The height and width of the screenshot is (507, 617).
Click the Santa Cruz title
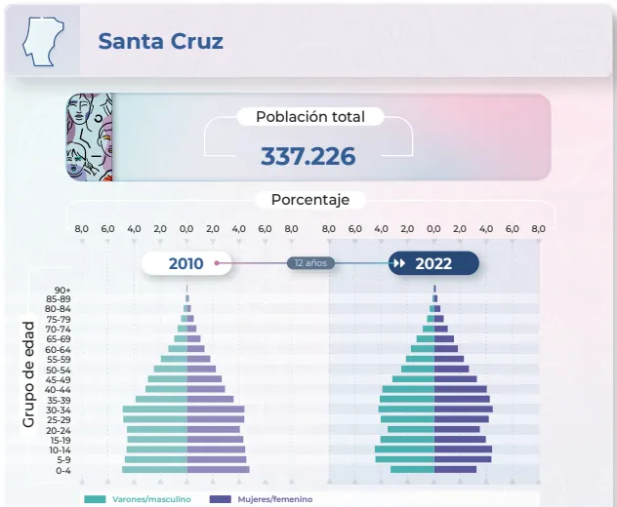(x=160, y=41)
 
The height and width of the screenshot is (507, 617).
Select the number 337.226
(x=308, y=156)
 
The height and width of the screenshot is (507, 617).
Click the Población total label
(x=309, y=117)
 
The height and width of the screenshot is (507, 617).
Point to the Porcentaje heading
(x=309, y=200)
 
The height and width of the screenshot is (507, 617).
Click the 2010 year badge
(x=186, y=263)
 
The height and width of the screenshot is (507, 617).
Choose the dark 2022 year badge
(x=433, y=263)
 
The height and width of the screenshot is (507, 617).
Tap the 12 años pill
(x=311, y=263)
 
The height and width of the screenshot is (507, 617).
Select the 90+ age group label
(x=62, y=291)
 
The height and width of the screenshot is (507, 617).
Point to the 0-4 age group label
(x=62, y=470)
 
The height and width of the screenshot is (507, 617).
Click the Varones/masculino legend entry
(x=138, y=499)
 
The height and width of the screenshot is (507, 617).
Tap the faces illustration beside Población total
(x=89, y=136)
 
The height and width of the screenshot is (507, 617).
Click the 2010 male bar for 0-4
(x=154, y=470)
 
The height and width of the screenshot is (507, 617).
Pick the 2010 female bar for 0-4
(x=218, y=470)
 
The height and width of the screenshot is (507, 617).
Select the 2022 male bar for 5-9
(x=405, y=459)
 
